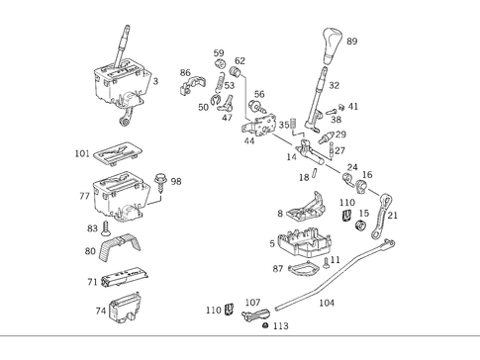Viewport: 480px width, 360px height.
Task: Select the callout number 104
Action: [328, 304]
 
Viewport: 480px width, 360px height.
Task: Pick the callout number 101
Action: [82, 153]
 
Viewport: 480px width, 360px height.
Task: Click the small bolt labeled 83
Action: [106, 227]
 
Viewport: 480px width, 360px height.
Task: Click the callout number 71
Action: [91, 282]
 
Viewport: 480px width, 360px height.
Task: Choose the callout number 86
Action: [185, 73]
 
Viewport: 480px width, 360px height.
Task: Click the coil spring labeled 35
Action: [294, 126]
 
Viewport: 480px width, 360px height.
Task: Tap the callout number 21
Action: [392, 215]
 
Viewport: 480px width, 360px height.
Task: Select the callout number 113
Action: [281, 325]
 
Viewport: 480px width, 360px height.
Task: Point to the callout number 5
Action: [272, 243]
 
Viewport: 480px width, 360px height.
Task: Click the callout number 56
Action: [258, 94]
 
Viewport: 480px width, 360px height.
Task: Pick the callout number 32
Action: [334, 86]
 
